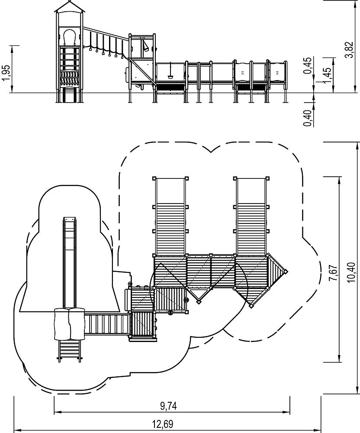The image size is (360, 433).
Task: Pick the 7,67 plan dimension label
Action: (333, 273)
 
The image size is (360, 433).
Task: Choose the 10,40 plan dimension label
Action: (351, 272)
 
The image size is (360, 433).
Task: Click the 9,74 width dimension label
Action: (169, 406)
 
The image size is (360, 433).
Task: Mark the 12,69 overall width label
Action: (163, 423)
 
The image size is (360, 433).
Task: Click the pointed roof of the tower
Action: (70, 6)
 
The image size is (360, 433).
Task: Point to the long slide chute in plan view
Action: (70, 263)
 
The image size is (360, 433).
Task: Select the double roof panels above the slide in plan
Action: (70, 323)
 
